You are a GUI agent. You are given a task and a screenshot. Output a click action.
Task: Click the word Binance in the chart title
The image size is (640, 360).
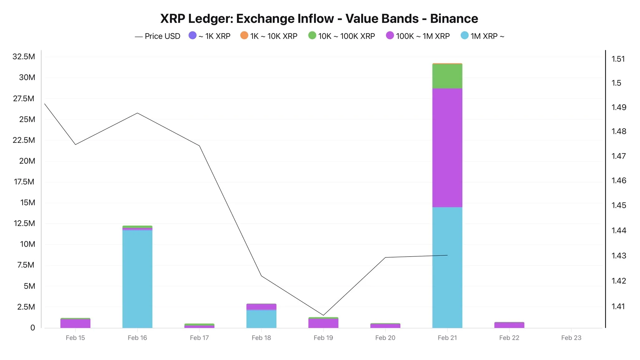pyautogui.click(x=454, y=19)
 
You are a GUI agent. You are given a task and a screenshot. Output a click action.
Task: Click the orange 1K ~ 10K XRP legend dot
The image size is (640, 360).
pyautogui.click(x=244, y=36)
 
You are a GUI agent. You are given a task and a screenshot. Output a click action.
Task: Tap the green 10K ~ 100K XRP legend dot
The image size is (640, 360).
pyautogui.click(x=312, y=36)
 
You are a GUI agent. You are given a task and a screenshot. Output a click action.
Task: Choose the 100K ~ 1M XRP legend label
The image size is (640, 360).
pyautogui.click(x=422, y=36)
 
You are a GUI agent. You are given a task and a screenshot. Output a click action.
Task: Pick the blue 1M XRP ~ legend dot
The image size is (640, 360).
pyautogui.click(x=465, y=36)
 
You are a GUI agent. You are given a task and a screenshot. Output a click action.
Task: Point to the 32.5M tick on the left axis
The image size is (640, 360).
pyautogui.click(x=24, y=57)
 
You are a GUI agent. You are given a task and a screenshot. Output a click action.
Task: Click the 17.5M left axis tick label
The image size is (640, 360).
pyautogui.click(x=24, y=182)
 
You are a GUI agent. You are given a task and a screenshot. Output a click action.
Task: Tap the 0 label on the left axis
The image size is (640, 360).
pyautogui.click(x=32, y=327)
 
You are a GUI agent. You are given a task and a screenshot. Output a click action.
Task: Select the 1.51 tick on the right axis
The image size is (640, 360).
pyautogui.click(x=618, y=59)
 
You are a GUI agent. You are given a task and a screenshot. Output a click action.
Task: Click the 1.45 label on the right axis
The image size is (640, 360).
pyautogui.click(x=619, y=205)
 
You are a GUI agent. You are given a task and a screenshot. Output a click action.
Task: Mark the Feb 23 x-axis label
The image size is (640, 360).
pyautogui.click(x=571, y=338)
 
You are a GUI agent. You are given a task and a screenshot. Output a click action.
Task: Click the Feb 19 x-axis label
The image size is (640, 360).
pyautogui.click(x=323, y=338)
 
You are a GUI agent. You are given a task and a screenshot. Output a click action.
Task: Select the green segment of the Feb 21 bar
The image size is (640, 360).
pyautogui.click(x=447, y=76)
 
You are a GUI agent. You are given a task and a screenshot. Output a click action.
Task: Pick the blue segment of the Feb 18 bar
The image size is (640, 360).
pyautogui.click(x=261, y=319)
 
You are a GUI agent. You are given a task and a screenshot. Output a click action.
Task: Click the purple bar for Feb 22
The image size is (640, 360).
pyautogui.click(x=509, y=325)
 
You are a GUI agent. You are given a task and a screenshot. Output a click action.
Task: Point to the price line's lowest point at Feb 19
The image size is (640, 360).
pyautogui.click(x=323, y=315)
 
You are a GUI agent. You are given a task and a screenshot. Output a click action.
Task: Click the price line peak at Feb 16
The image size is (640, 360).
pyautogui.click(x=137, y=113)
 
